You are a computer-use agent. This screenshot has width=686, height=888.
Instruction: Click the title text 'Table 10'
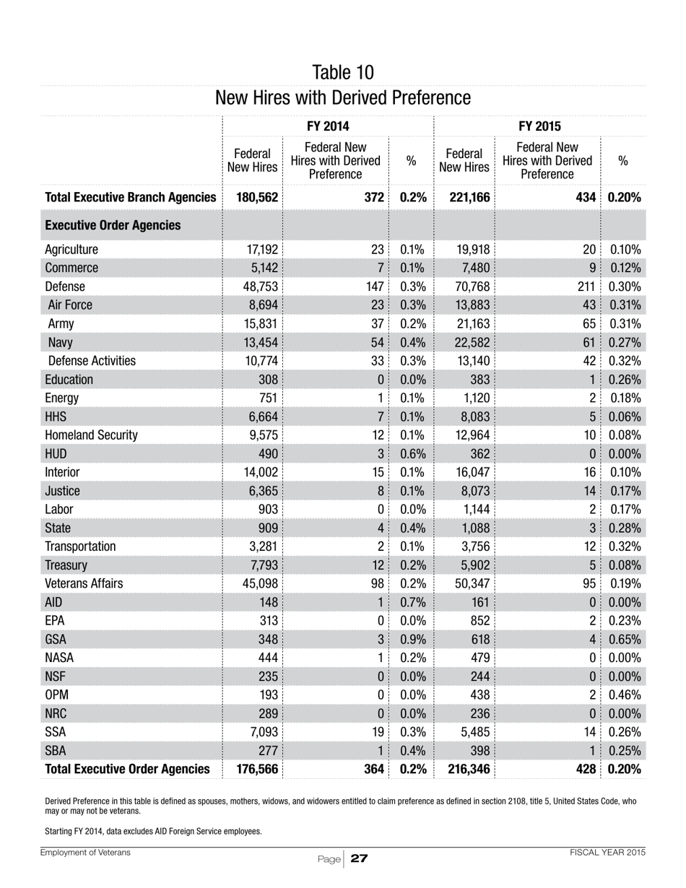[343, 72]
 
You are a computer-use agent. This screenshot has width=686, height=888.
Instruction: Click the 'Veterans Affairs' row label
[84, 565]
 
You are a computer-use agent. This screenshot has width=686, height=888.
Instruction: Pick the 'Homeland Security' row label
[91, 435]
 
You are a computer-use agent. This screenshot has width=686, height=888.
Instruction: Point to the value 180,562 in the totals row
[257, 197]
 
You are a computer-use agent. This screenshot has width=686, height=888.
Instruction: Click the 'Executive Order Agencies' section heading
[113, 226]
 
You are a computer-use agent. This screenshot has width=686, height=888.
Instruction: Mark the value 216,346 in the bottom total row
[469, 770]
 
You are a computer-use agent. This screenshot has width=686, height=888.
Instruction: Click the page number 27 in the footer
[359, 858]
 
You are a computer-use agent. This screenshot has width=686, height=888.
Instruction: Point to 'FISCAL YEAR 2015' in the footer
[607, 853]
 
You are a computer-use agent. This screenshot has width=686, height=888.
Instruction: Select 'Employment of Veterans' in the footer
[86, 853]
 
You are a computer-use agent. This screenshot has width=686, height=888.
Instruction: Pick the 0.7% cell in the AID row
[412, 601]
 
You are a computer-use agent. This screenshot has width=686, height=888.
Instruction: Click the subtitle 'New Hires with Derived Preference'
[343, 97]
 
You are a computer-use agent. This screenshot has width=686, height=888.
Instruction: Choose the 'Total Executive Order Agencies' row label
[127, 770]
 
